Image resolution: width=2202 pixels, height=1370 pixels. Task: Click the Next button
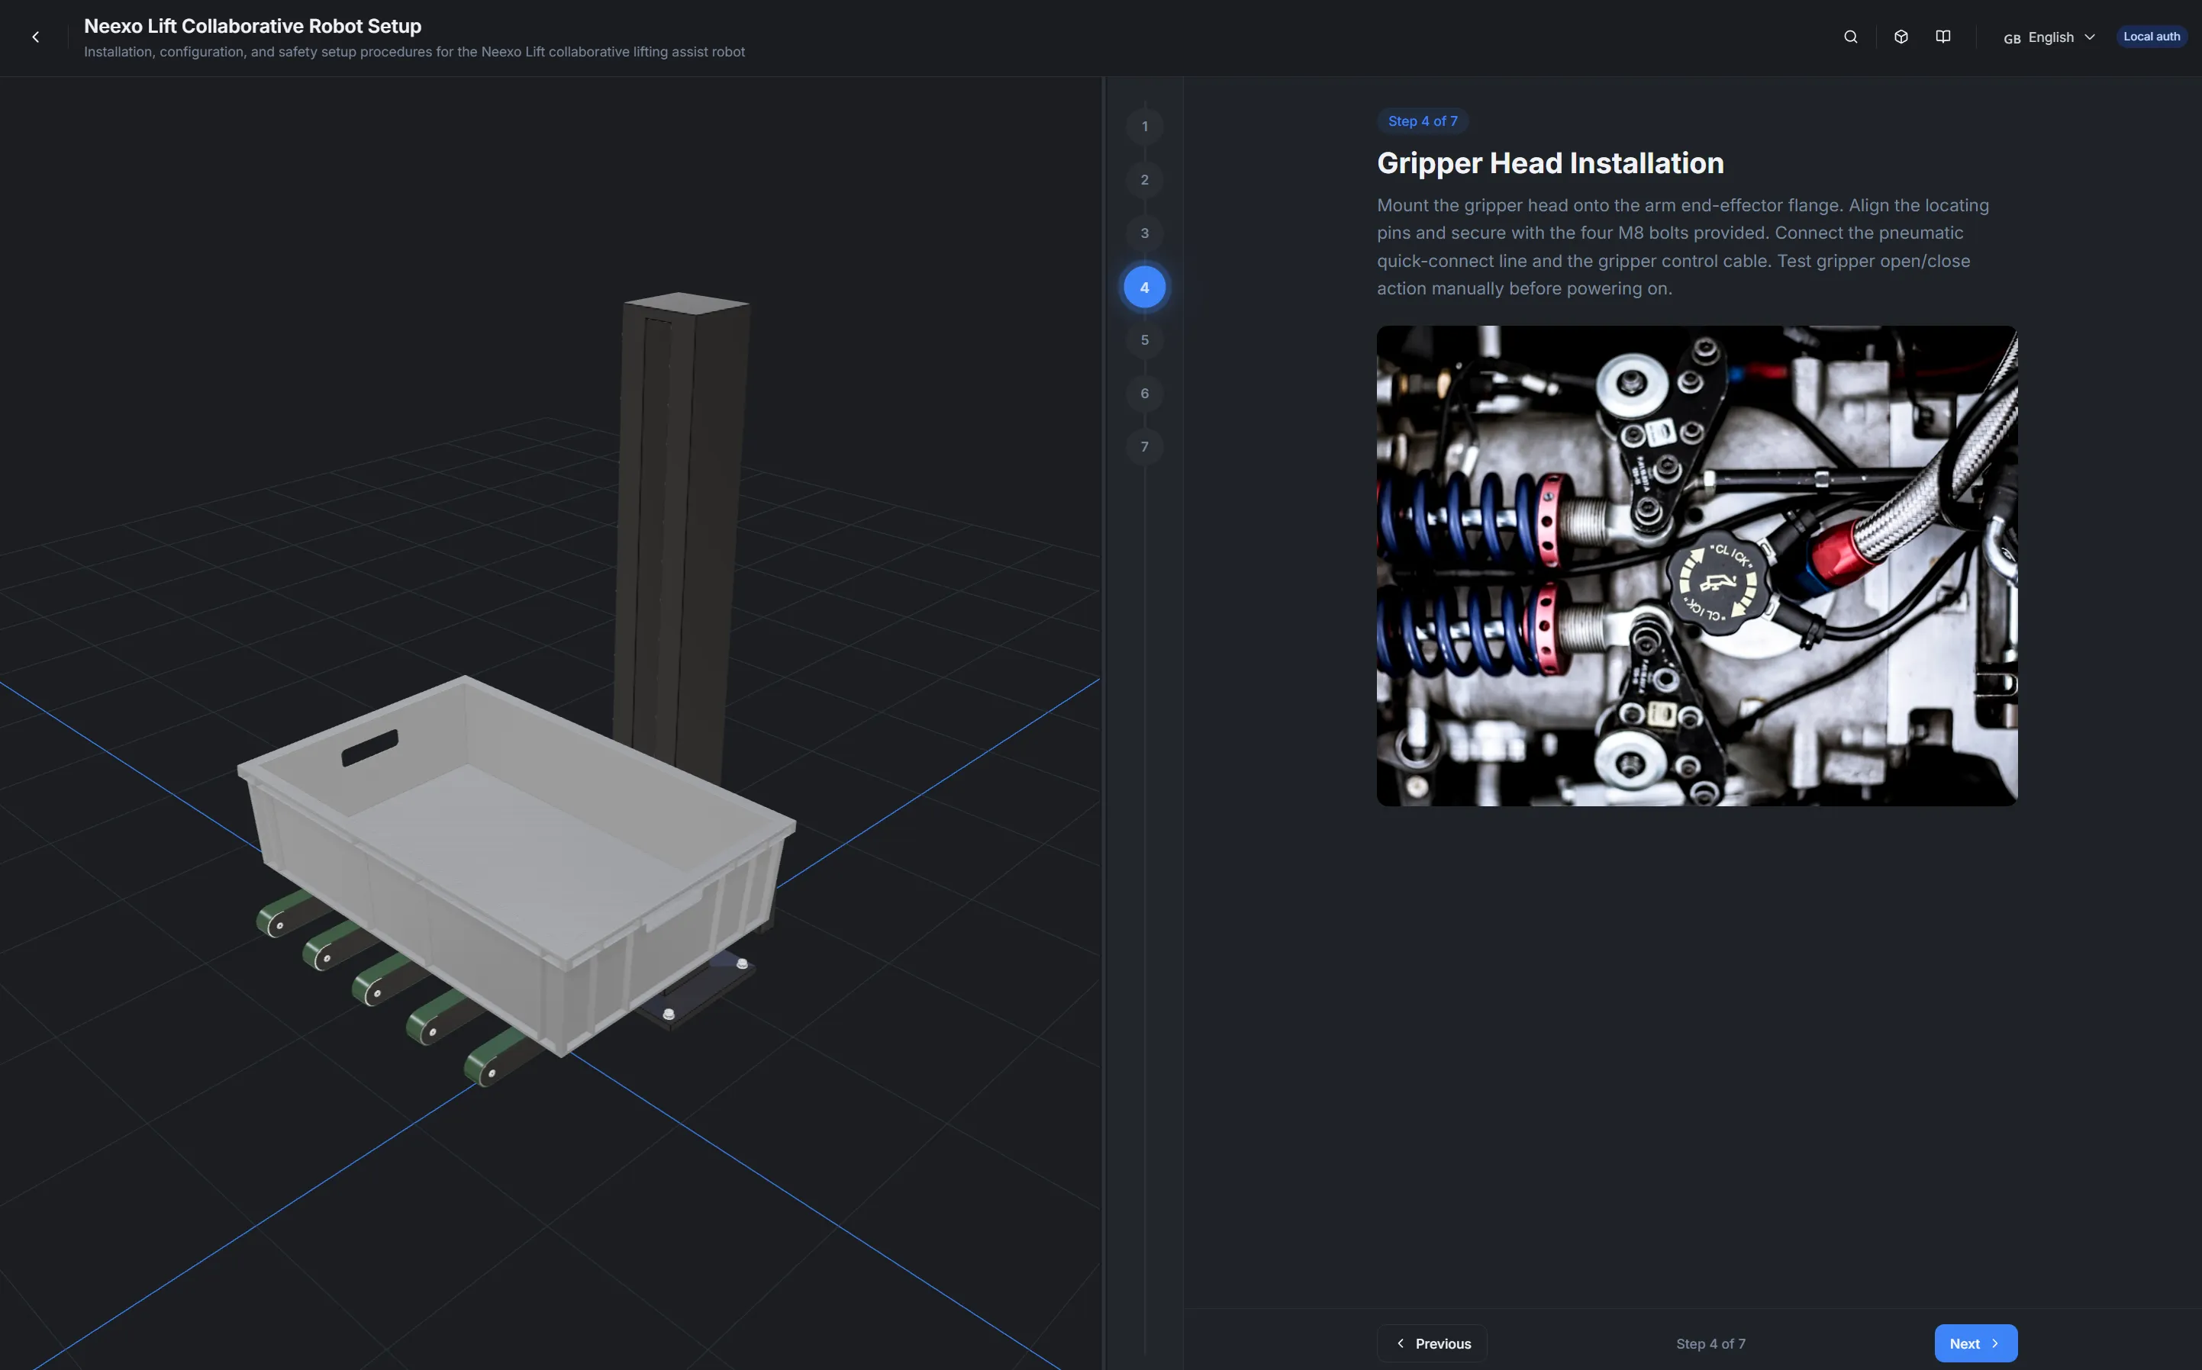(x=1975, y=1343)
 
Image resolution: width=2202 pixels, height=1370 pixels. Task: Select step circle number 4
(x=1144, y=288)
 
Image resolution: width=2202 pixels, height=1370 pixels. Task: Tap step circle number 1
(x=1144, y=127)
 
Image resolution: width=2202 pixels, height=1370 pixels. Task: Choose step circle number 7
(x=1144, y=447)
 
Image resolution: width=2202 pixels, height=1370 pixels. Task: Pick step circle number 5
(x=1144, y=339)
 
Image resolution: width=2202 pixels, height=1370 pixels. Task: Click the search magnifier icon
(x=1850, y=37)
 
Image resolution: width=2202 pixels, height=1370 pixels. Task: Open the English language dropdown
(x=2049, y=37)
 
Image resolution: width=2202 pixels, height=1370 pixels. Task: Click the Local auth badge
(x=2150, y=37)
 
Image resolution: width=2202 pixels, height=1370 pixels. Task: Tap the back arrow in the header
(x=35, y=37)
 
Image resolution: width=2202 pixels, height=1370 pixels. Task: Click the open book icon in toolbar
(x=1942, y=37)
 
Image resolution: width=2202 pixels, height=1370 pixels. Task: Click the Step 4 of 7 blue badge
(x=1421, y=121)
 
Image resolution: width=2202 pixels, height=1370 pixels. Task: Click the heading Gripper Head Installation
(x=1549, y=163)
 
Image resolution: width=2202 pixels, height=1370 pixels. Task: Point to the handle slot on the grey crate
(x=370, y=748)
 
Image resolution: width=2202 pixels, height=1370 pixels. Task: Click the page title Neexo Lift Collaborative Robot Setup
(x=252, y=26)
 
